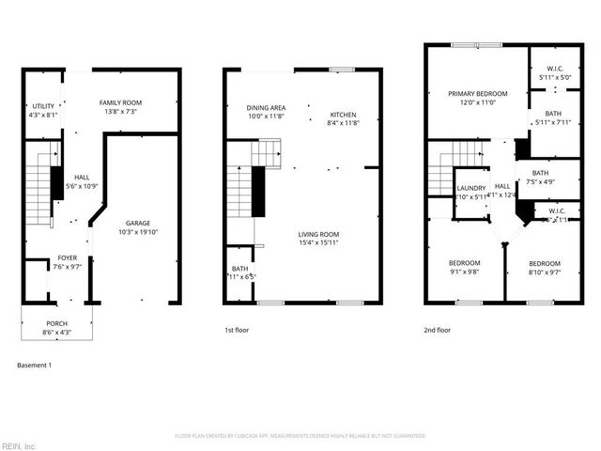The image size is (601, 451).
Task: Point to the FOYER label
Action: (x=68, y=257)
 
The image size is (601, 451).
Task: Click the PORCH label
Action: (x=56, y=324)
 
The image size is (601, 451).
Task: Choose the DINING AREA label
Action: (x=266, y=108)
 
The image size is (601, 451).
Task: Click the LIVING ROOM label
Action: (x=319, y=234)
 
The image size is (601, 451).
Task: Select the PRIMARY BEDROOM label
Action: (x=477, y=94)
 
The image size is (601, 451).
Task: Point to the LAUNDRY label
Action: (x=471, y=188)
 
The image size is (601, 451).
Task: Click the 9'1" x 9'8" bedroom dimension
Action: (x=464, y=272)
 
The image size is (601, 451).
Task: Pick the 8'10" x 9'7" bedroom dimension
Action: (x=544, y=272)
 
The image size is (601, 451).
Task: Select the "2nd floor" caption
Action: (x=437, y=330)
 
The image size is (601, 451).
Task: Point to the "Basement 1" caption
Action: (x=35, y=365)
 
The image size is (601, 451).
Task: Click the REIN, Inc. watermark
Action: (x=19, y=445)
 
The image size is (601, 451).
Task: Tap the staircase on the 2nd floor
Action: (x=444, y=169)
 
